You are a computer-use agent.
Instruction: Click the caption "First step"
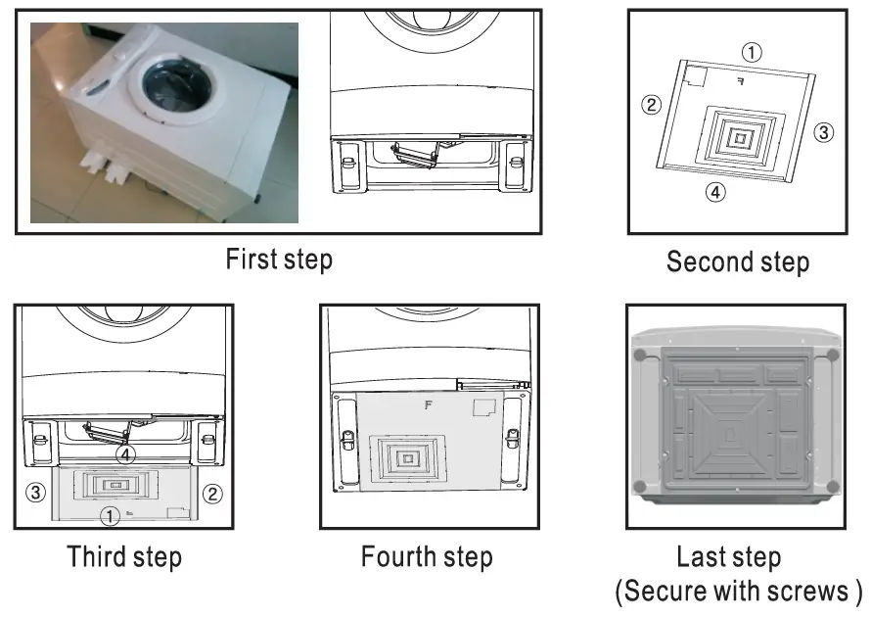[x=279, y=260]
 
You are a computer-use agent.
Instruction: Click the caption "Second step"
[x=738, y=261]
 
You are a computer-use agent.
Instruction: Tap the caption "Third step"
[x=124, y=557]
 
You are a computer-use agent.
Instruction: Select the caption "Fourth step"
[x=427, y=557]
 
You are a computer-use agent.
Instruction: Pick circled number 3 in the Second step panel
[x=824, y=132]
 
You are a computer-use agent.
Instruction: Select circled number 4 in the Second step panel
[x=715, y=192]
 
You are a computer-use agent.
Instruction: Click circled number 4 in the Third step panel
[x=123, y=454]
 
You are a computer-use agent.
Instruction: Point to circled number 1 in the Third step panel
[x=112, y=514]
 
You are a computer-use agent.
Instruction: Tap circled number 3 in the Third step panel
[x=34, y=492]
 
